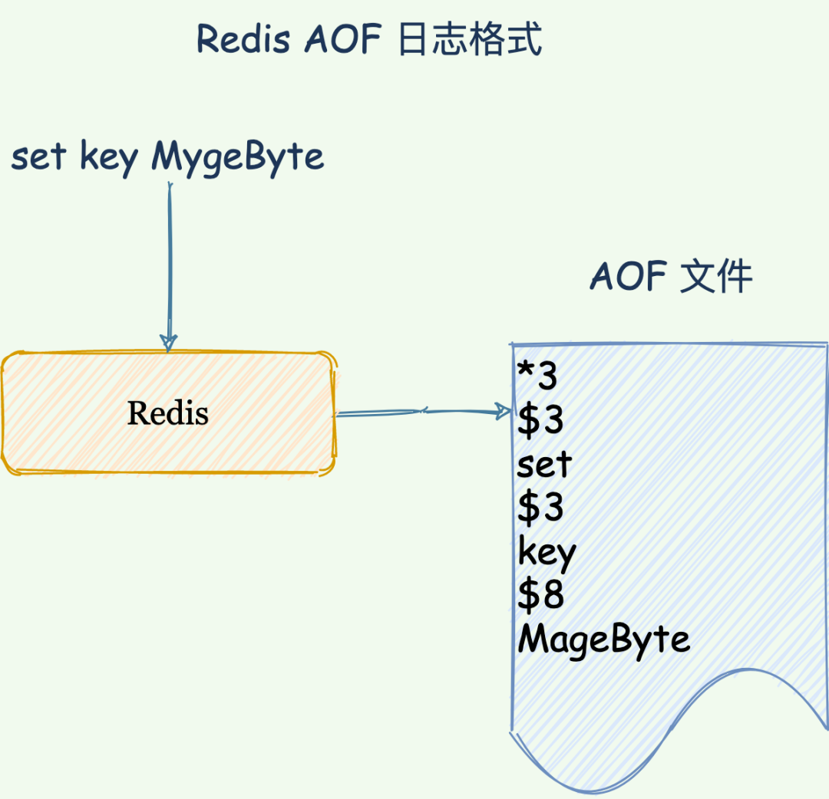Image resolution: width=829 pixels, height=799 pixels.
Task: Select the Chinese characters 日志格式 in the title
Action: (x=471, y=38)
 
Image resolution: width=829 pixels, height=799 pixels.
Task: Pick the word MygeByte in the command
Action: (x=237, y=159)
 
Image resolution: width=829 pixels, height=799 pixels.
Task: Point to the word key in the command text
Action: (x=108, y=159)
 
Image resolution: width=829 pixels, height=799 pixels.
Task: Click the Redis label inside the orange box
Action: (x=168, y=413)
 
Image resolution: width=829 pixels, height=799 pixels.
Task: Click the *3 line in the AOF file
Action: (x=537, y=376)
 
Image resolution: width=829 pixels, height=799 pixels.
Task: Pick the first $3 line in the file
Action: (x=540, y=420)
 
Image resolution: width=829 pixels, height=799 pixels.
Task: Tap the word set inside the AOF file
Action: (x=544, y=464)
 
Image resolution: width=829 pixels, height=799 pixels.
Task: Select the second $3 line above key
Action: (x=540, y=508)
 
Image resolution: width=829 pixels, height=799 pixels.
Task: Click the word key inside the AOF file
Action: (x=547, y=552)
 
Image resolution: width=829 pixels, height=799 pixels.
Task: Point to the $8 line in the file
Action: (x=540, y=596)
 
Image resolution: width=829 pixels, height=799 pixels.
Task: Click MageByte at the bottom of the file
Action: (x=604, y=640)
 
